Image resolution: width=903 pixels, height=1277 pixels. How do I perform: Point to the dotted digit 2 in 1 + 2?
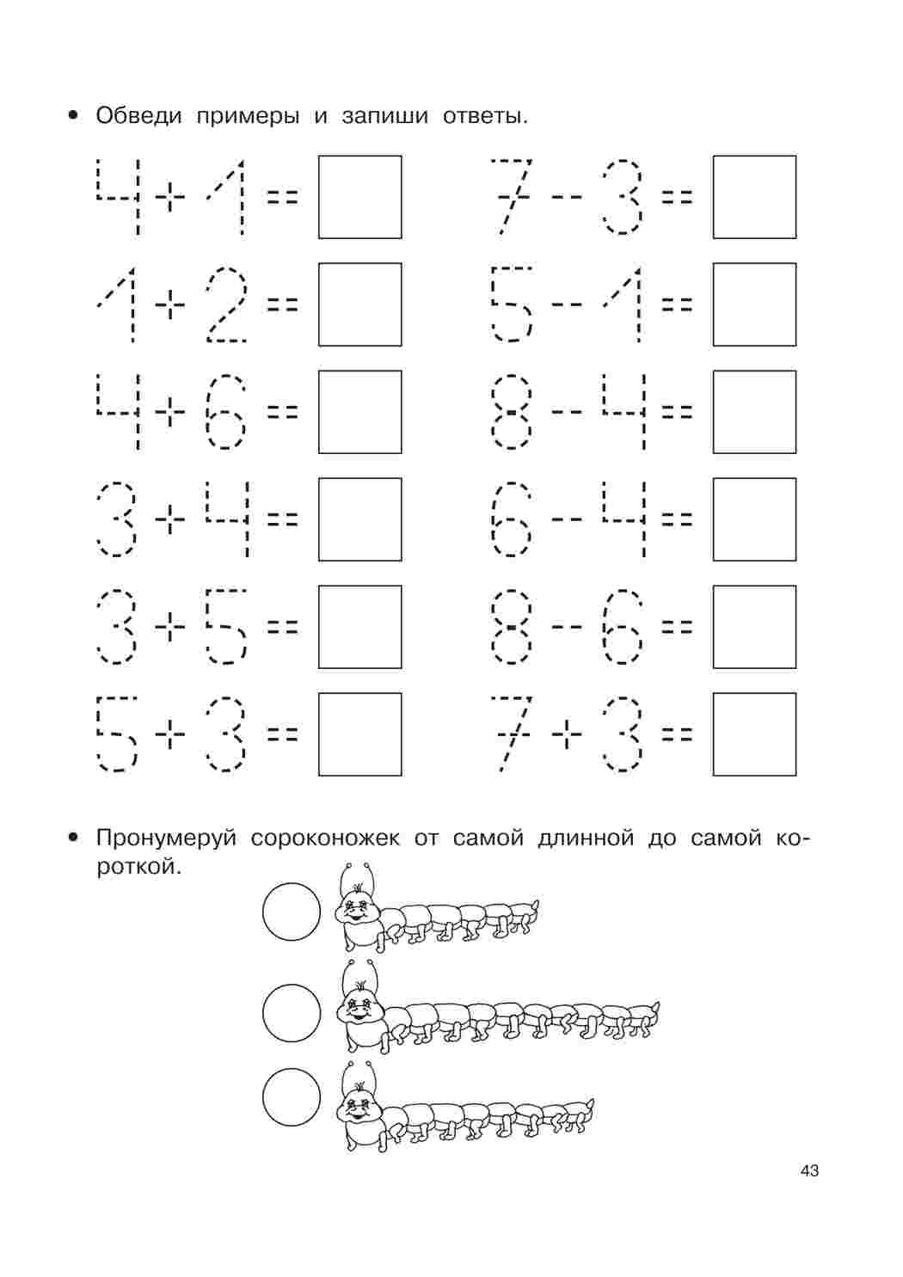pos(226,304)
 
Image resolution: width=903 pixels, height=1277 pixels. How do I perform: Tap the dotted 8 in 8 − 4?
pos(511,412)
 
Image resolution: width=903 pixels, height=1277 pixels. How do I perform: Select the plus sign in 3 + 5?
pos(170,627)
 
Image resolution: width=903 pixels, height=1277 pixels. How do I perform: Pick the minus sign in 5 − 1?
pos(567,304)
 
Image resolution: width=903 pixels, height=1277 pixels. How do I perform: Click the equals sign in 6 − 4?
pos(677,519)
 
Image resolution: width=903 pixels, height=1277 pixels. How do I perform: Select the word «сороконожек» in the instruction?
pos(325,838)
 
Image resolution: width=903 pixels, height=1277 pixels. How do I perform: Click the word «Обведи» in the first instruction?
pos(138,116)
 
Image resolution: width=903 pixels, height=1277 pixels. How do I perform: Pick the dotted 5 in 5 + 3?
pos(116,734)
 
